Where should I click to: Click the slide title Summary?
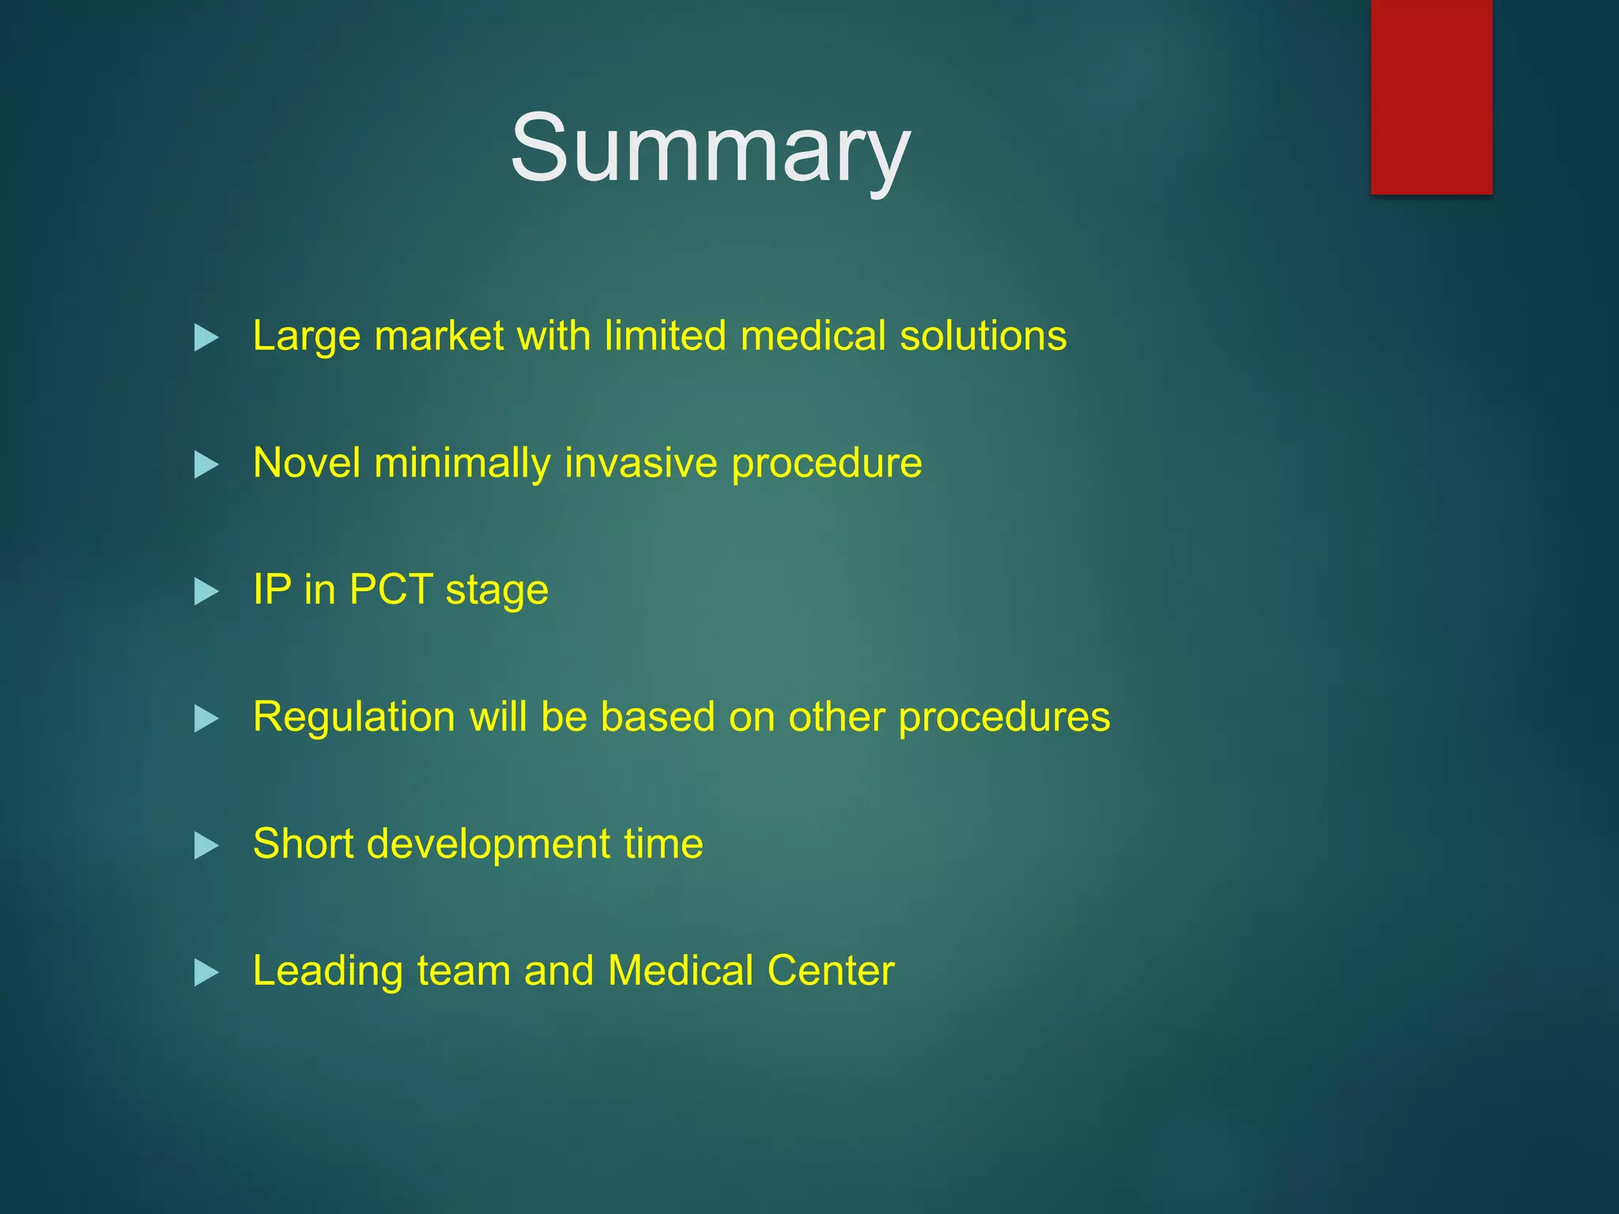tap(710, 149)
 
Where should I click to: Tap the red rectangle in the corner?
tap(1431, 96)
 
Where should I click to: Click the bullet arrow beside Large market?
tap(206, 337)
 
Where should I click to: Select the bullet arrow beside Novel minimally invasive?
tap(206, 465)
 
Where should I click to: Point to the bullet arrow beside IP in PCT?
tap(206, 591)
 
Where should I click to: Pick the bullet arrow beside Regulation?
tap(206, 718)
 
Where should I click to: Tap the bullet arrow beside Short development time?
tap(206, 846)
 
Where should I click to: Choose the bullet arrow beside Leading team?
tap(206, 972)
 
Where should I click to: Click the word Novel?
tap(306, 463)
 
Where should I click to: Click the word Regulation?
tap(353, 718)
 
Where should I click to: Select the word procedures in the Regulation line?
tap(1004, 718)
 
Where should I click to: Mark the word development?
tap(488, 844)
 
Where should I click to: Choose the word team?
tap(463, 971)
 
